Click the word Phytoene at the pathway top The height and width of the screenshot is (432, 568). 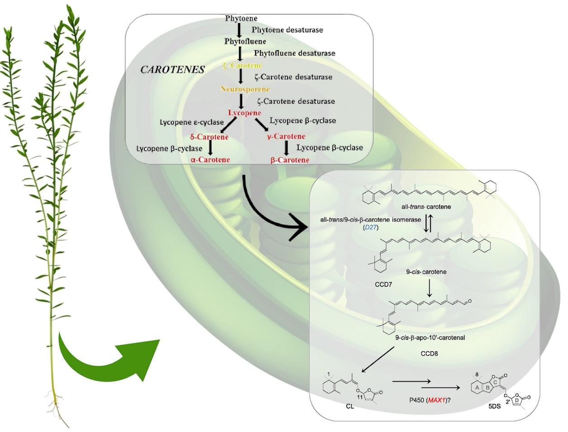pyautogui.click(x=241, y=19)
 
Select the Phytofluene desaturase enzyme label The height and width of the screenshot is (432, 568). pyautogui.click(x=294, y=53)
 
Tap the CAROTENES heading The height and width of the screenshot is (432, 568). pyautogui.click(x=172, y=70)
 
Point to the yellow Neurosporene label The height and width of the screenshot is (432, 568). pyautogui.click(x=245, y=89)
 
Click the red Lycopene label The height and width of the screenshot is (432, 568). pyautogui.click(x=244, y=113)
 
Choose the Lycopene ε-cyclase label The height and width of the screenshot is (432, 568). pyautogui.click(x=191, y=122)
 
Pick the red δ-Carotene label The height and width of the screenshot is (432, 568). pyautogui.click(x=209, y=137)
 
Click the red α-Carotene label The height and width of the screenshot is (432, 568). pyautogui.click(x=210, y=159)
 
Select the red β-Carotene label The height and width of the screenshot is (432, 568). pyautogui.click(x=290, y=160)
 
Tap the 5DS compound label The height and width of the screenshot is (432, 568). pyautogui.click(x=494, y=406)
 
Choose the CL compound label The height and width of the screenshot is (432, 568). pyautogui.click(x=350, y=406)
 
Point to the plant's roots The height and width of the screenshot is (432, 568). pyautogui.click(x=58, y=405)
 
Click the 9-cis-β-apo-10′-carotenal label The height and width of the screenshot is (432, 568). pyautogui.click(x=423, y=337)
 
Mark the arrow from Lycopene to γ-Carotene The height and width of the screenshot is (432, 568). pyautogui.click(x=260, y=125)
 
